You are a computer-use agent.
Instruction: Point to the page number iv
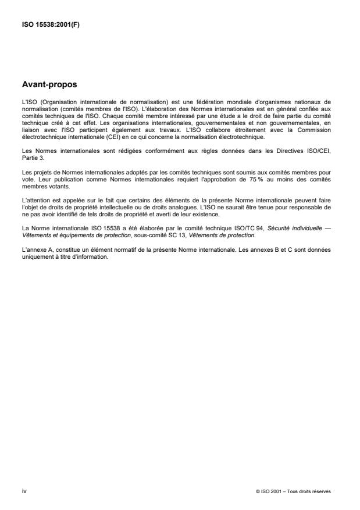[24, 491]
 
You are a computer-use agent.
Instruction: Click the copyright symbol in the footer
[257, 491]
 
